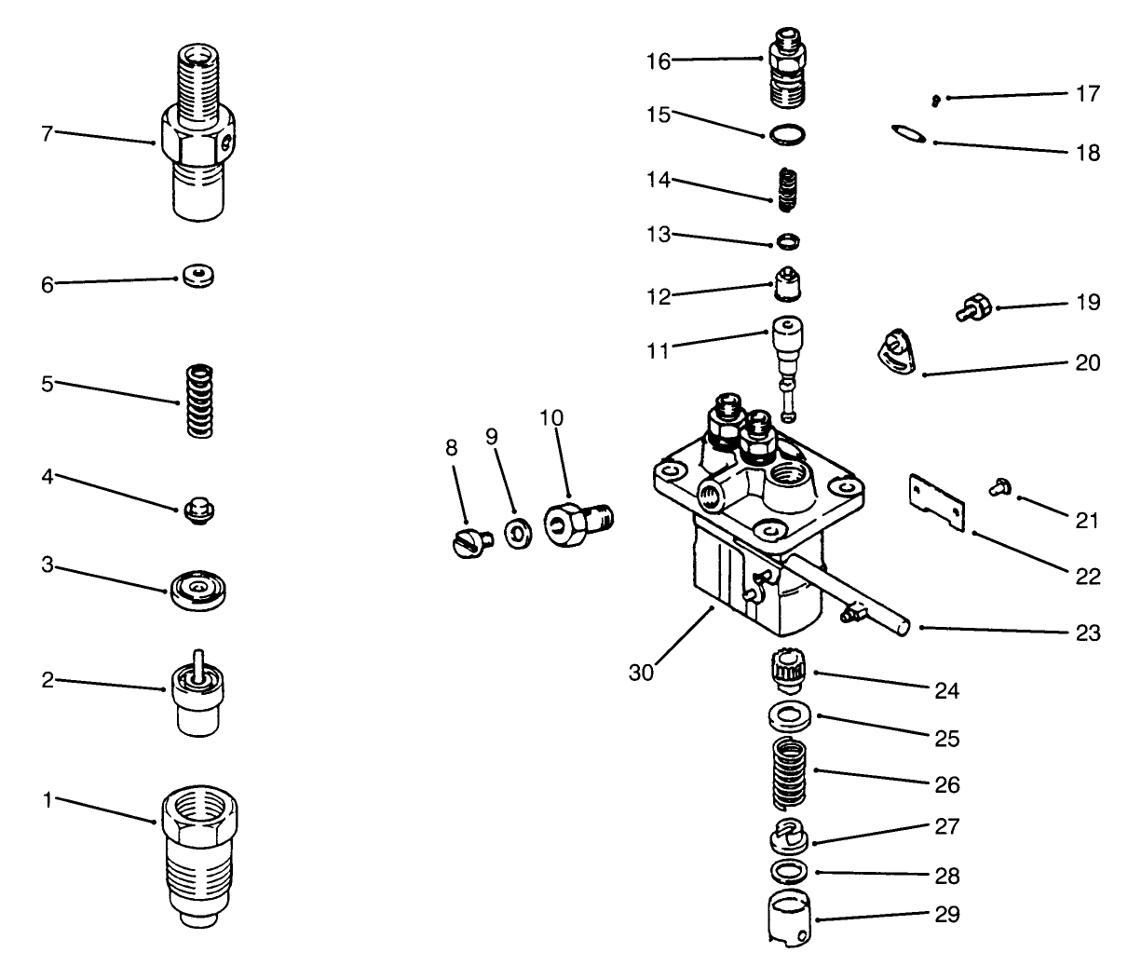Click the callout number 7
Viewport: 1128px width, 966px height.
tap(47, 133)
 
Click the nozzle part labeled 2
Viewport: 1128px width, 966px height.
tap(197, 694)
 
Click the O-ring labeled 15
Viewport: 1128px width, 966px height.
tap(786, 135)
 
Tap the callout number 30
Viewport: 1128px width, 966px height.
tap(641, 672)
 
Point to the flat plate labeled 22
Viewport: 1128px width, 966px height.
tap(937, 501)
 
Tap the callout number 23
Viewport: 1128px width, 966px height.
tap(1087, 633)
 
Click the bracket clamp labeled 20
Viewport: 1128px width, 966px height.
tap(898, 357)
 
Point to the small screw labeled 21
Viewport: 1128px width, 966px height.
tap(1001, 483)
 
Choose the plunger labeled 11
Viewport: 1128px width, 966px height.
tap(786, 363)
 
